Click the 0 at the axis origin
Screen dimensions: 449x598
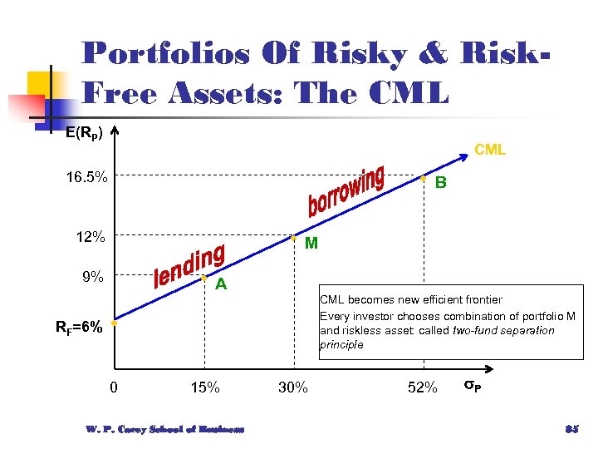coord(114,387)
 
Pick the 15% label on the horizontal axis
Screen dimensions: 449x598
coord(205,387)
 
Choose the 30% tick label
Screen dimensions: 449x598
coord(293,387)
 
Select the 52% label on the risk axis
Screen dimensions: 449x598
coord(423,387)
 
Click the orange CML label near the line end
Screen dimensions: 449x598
coord(490,150)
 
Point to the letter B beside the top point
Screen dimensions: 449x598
coord(441,183)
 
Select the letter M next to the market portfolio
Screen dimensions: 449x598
coord(311,244)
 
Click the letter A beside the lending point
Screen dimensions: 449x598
coord(221,284)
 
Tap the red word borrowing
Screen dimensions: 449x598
coord(346,191)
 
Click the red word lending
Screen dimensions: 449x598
coord(191,266)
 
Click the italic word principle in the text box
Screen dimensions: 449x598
coord(341,344)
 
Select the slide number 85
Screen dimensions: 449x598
coord(571,429)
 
